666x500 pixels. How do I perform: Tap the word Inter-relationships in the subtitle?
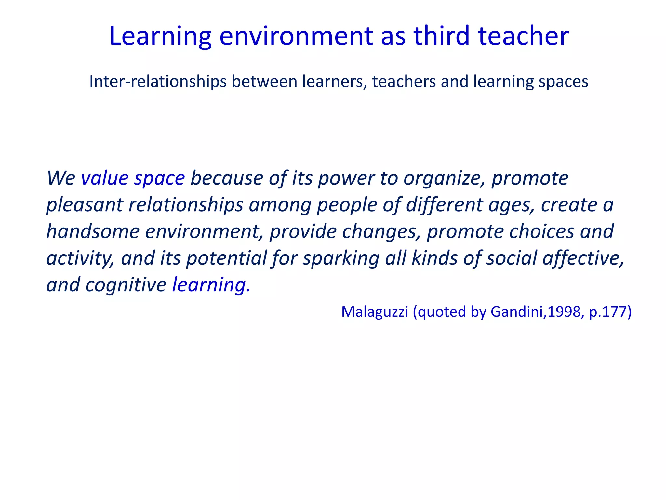point(158,81)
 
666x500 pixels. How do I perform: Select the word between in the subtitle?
point(264,81)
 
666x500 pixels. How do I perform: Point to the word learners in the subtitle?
point(335,81)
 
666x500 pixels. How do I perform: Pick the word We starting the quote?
point(61,178)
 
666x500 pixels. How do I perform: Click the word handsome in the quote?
point(93,231)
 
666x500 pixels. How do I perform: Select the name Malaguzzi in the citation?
point(375,312)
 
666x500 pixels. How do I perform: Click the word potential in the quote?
point(227,258)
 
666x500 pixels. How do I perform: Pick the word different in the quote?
point(444,205)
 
